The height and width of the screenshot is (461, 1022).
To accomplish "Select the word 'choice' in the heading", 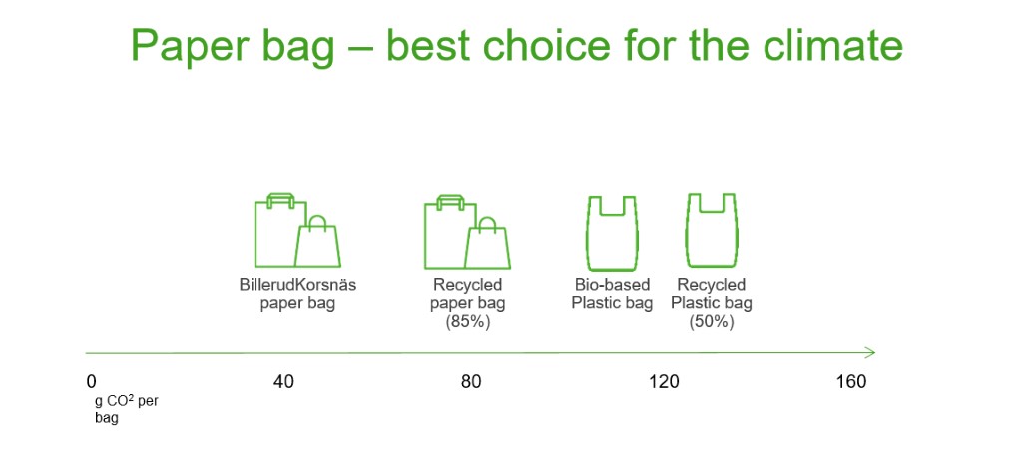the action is click(546, 44).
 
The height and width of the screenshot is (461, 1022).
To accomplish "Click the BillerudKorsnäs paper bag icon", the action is click(297, 230).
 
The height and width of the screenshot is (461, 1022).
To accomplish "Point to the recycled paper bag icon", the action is click(467, 231).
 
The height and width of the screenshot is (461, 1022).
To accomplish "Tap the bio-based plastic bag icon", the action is click(612, 232).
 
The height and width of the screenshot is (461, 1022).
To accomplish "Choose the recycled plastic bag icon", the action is click(711, 230).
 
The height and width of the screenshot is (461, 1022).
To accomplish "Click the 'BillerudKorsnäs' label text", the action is click(297, 285).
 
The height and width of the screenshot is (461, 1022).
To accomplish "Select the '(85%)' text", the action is click(467, 322).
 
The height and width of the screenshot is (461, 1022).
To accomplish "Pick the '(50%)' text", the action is click(711, 322).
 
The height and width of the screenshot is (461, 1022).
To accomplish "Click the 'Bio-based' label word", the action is click(612, 285).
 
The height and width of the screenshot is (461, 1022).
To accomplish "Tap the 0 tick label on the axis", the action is click(91, 382).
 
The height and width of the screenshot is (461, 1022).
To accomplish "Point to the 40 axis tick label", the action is click(283, 382).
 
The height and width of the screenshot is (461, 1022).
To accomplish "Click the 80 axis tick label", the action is click(471, 382).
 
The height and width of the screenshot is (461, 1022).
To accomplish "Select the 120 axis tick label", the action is click(664, 382).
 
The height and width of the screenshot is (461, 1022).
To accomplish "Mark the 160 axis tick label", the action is click(851, 382).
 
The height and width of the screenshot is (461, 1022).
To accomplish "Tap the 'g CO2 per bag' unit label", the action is click(127, 409).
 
